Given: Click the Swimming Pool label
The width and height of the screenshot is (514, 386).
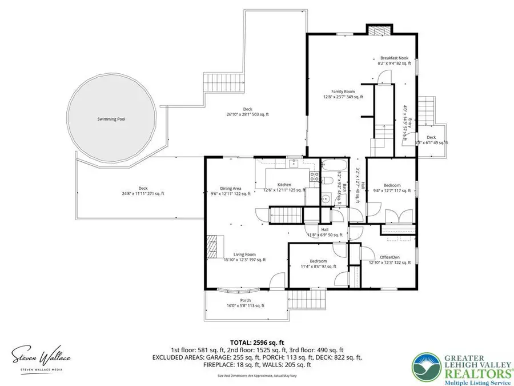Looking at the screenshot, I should click(111, 120).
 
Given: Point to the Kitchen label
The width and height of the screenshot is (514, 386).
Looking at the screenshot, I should click(284, 185).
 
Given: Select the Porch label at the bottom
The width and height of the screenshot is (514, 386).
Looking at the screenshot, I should click(246, 301).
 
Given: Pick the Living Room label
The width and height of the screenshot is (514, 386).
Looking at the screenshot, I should click(244, 254).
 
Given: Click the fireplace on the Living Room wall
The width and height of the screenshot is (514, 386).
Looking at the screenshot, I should click(212, 247).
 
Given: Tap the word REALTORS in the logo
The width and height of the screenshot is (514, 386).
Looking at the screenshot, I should click(470, 366).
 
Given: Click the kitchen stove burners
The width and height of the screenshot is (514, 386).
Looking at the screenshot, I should click(314, 177).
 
